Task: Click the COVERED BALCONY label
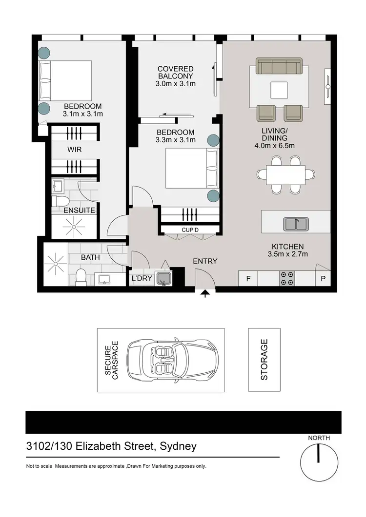pyautogui.click(x=175, y=76)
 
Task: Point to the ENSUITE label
pyautogui.click(x=73, y=211)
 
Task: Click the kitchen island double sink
pyautogui.click(x=296, y=224)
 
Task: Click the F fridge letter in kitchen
pyautogui.click(x=248, y=279)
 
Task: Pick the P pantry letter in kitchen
pyautogui.click(x=323, y=279)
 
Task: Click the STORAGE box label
pyautogui.click(x=264, y=360)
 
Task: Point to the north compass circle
pyautogui.click(x=319, y=461)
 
